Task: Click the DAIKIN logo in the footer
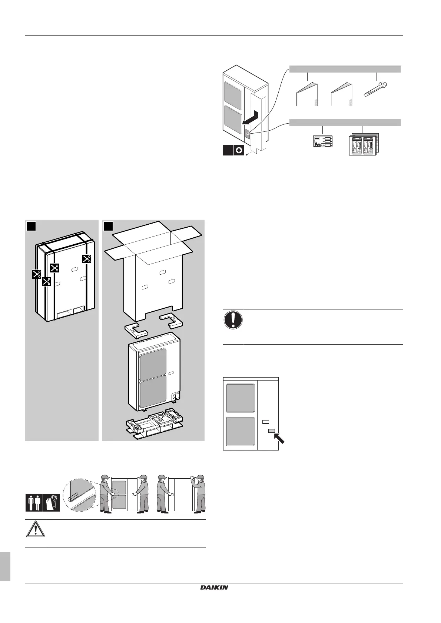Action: point(214,587)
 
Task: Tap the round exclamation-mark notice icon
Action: point(233,320)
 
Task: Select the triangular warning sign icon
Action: point(35,530)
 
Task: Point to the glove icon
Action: point(52,502)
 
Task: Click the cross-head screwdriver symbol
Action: point(239,151)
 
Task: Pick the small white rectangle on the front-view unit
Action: point(265,422)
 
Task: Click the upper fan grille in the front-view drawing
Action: point(240,398)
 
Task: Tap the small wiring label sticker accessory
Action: point(323,142)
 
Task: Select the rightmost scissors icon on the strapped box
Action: point(87,259)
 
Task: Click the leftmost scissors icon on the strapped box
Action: point(36,274)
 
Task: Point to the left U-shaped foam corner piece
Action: point(136,329)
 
